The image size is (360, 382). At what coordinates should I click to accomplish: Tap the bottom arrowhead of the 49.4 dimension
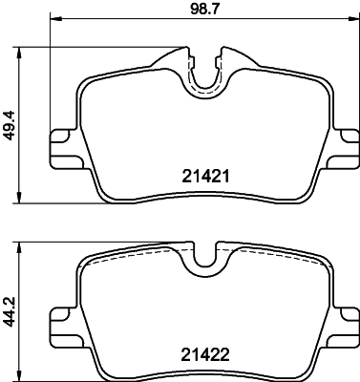point(23,199)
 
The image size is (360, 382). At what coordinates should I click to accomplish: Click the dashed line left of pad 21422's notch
point(134,254)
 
